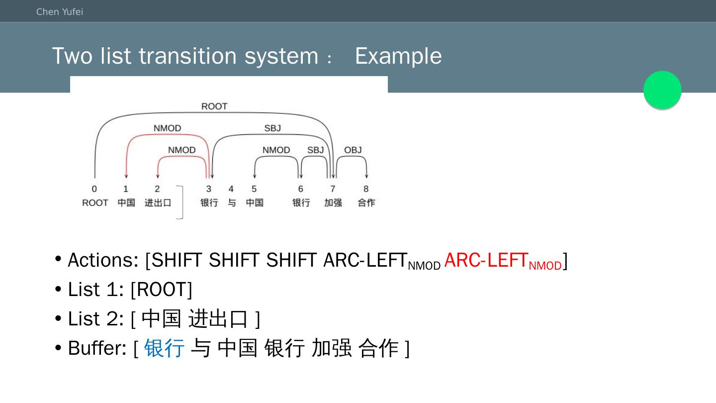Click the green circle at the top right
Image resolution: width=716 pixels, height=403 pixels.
pos(662,90)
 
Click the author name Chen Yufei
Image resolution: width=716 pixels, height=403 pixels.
pos(60,12)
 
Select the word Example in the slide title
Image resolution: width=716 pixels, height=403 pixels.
pos(398,56)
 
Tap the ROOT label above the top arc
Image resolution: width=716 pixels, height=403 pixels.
pos(214,106)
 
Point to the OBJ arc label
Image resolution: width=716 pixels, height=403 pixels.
pos(353,150)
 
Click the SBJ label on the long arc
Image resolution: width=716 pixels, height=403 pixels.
pos(272,128)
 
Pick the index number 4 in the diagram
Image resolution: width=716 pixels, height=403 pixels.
pos(231,189)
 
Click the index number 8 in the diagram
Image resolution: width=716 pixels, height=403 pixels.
pos(366,189)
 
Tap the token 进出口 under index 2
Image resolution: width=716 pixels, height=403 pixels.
pos(158,203)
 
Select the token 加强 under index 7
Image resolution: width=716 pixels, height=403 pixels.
pos(333,203)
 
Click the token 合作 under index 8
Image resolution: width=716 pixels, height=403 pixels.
pos(366,203)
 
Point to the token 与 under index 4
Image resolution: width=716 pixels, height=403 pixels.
pos(232,203)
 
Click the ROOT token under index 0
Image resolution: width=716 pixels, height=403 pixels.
pos(95,203)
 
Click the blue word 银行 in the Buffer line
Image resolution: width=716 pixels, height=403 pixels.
pos(164,348)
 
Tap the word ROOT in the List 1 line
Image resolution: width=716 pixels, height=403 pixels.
pos(161,290)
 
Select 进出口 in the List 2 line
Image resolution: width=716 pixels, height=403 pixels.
pos(218,319)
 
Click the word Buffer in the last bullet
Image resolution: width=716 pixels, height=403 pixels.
pos(97,348)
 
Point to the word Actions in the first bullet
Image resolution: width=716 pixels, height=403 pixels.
pos(103,260)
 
